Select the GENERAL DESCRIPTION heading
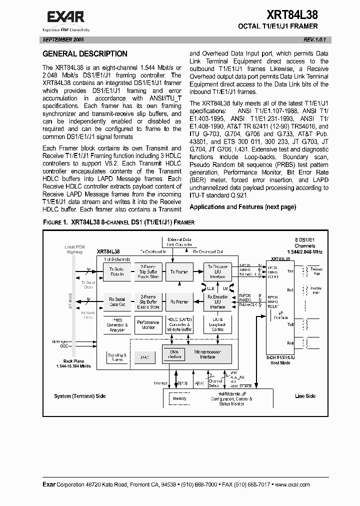click(x=85, y=54)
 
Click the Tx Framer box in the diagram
click(x=179, y=271)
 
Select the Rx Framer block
click(x=179, y=301)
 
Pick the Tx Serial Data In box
click(x=117, y=271)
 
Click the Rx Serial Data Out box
click(x=117, y=301)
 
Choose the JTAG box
click(x=145, y=357)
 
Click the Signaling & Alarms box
click(x=116, y=357)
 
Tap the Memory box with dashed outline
click(x=179, y=398)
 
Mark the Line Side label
click(x=305, y=396)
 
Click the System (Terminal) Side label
click(x=80, y=396)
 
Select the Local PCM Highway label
click(x=75, y=249)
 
